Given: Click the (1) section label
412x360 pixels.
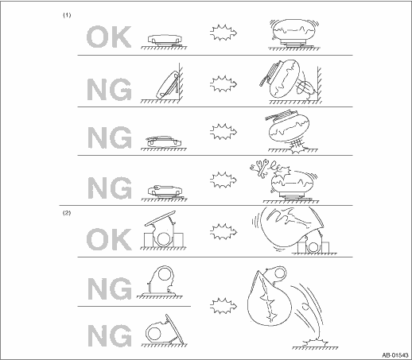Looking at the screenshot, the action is point(67,15).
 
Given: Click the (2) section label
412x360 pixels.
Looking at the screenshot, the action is point(67,213).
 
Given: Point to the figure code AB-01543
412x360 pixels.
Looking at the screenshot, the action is point(395,355).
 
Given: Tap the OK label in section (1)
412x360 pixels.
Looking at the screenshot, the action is point(109,37).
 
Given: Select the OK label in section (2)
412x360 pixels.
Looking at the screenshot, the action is point(109,239).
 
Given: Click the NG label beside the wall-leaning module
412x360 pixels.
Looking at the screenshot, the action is point(110,89).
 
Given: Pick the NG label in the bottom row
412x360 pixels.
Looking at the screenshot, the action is point(110,335).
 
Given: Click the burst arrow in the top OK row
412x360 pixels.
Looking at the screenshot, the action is point(223,33).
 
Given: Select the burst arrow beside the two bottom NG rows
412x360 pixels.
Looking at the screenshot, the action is point(223,306).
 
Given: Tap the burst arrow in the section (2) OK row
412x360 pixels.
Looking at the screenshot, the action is point(223,231).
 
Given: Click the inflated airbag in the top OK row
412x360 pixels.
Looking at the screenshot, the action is point(294,29).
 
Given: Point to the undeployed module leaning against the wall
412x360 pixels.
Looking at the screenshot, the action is point(168,84).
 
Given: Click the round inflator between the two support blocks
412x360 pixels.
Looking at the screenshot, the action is point(164,238).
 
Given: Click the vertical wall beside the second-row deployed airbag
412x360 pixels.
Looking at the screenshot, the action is point(319,83).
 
